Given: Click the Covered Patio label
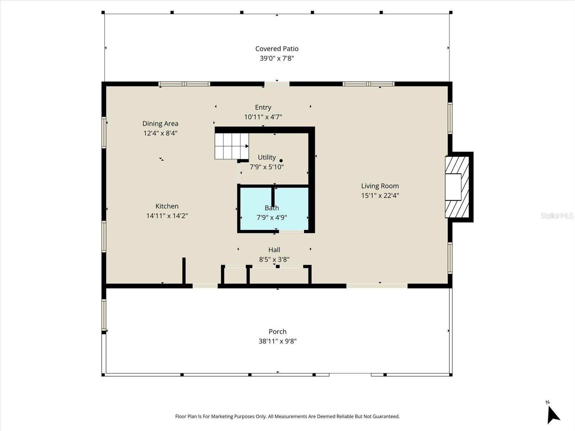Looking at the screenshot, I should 277,48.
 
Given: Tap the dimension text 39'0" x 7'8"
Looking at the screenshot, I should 277,58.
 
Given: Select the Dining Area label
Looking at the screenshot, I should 160,124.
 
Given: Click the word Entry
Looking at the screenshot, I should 263,107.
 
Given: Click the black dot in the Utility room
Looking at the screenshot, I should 281,161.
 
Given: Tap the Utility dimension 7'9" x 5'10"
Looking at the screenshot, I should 267,167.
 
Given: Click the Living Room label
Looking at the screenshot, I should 380,186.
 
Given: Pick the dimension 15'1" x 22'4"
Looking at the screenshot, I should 380,196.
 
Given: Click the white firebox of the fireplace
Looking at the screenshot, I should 453,187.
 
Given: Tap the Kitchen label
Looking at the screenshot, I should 167,206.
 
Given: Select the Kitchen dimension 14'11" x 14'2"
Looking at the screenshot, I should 167,216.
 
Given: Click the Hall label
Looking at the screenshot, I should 274,250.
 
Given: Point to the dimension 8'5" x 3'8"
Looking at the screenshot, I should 274,259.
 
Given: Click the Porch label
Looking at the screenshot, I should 277,332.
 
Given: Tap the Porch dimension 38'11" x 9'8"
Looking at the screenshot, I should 277,341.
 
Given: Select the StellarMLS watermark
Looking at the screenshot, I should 557,215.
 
